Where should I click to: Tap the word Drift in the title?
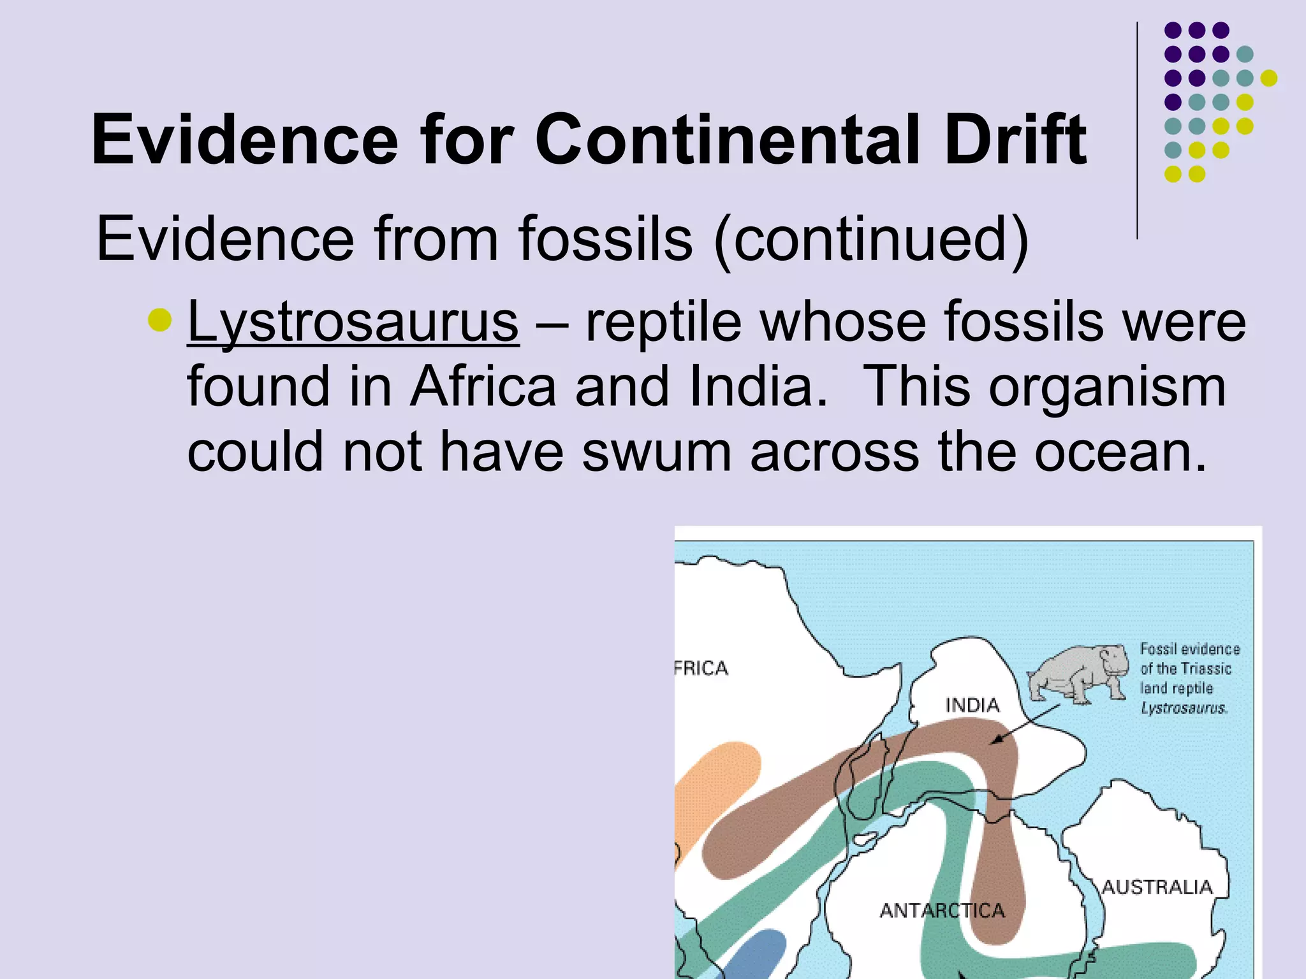1015,140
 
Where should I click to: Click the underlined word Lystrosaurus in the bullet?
353,322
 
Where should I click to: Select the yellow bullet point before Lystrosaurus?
159,320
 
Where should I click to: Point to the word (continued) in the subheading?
871,240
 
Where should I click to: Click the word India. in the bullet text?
758,386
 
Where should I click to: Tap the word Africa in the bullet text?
483,386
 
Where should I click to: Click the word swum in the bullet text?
656,451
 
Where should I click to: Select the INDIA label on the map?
972,705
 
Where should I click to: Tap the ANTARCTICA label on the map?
942,910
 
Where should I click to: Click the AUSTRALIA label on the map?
1157,887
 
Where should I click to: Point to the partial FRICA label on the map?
701,668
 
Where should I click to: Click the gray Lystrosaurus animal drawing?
1078,672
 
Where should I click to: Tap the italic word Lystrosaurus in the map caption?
1184,708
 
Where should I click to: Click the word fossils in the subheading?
605,240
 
